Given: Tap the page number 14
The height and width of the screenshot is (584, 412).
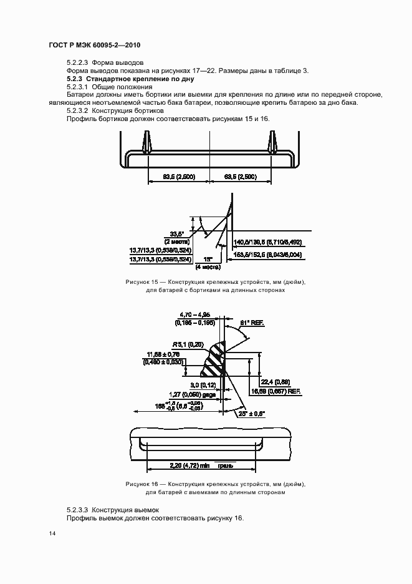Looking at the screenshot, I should [x=52, y=534].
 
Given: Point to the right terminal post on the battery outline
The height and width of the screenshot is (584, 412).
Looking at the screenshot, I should [x=272, y=142].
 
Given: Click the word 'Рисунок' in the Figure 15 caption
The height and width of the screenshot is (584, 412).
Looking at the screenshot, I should [x=138, y=283].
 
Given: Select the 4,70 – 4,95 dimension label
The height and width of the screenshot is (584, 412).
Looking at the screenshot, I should [x=195, y=315].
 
